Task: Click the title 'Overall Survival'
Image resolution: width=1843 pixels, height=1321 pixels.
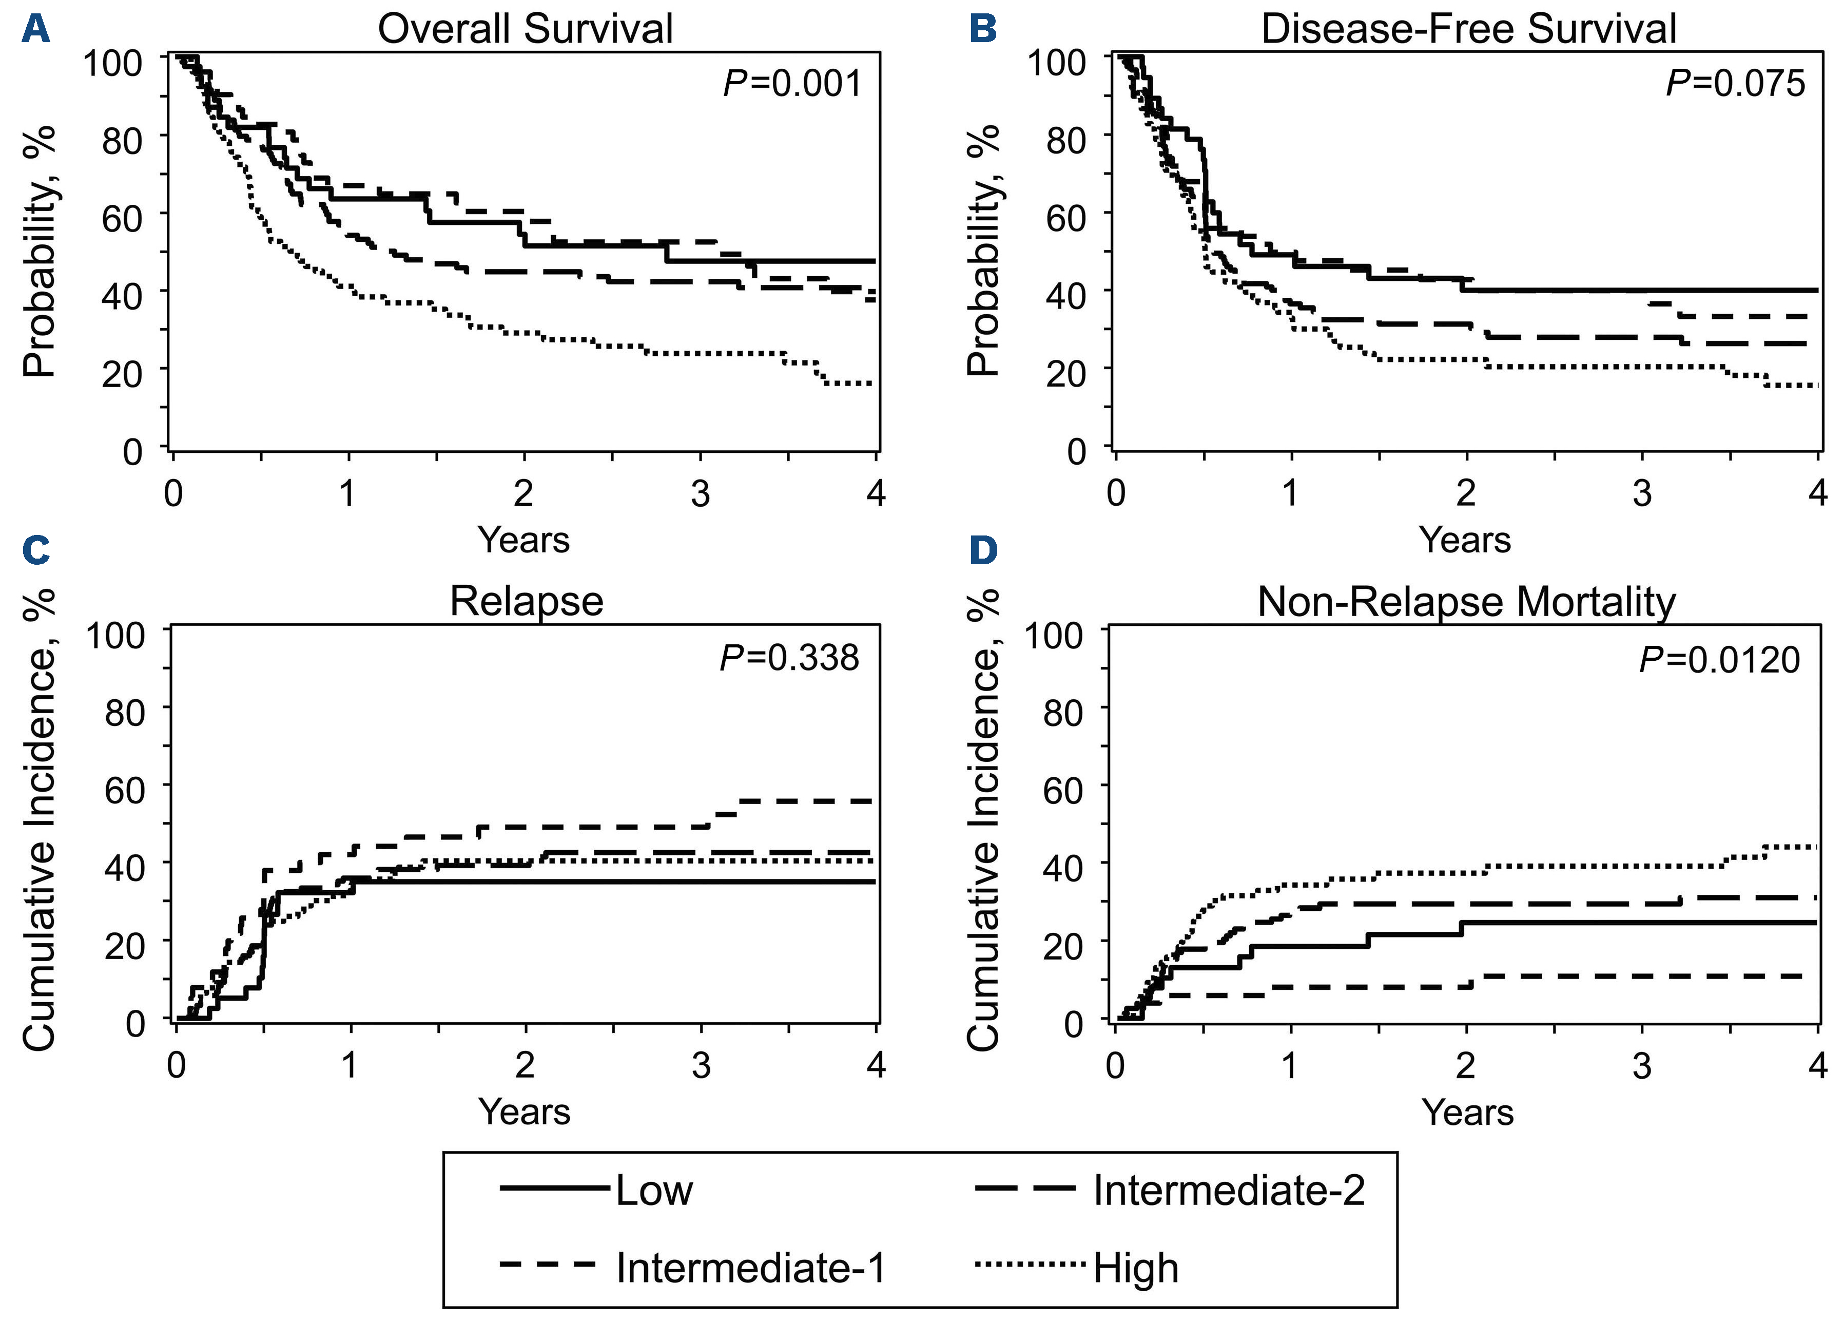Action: [525, 29]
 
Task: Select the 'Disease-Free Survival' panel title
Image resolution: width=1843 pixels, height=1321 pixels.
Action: [1468, 29]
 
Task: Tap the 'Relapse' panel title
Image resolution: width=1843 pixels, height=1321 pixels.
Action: [527, 602]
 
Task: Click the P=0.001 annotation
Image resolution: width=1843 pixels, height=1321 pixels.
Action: [792, 84]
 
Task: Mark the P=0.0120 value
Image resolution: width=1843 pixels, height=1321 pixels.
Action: [1719, 659]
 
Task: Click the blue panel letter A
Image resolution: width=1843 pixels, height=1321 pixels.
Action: [36, 30]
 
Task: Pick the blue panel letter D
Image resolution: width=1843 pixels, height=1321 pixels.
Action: [983, 550]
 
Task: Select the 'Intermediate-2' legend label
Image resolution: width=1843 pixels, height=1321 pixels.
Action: [1229, 1191]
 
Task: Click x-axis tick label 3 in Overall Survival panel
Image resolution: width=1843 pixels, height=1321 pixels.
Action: [700, 493]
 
